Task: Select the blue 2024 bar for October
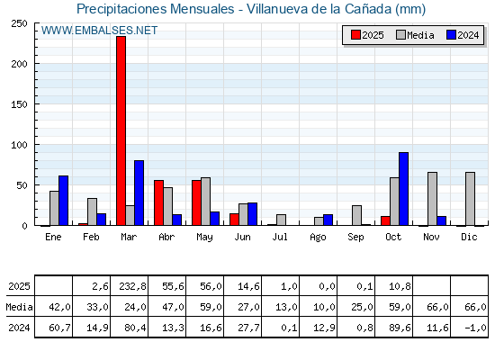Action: click(x=403, y=189)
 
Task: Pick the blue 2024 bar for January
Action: click(x=63, y=201)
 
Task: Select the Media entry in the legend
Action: click(x=414, y=35)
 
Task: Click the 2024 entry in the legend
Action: click(x=462, y=35)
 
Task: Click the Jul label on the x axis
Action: click(x=281, y=237)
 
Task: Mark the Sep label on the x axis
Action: click(x=356, y=237)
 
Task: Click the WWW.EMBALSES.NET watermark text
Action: click(x=99, y=31)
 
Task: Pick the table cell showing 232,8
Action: click(x=130, y=286)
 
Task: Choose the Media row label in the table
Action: click(x=18, y=306)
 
